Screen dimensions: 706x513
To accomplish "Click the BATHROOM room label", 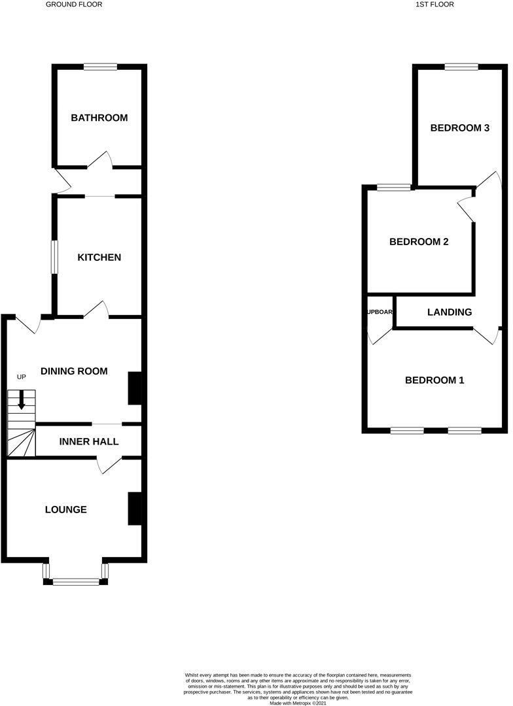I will [x=99, y=118].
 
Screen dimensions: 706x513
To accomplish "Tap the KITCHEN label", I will [x=99, y=258].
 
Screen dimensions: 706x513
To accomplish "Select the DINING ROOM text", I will [x=74, y=371].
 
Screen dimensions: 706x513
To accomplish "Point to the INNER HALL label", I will [x=89, y=442].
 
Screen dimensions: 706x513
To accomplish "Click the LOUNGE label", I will [x=66, y=509].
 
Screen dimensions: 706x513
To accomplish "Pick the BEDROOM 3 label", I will [x=460, y=128].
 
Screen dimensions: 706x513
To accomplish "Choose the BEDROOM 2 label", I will [x=419, y=242].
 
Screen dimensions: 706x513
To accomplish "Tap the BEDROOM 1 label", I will [x=434, y=380].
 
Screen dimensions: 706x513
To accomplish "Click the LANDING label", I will [x=450, y=312].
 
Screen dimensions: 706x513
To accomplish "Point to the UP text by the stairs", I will [x=22, y=377].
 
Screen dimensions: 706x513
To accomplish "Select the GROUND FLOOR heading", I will [x=74, y=5].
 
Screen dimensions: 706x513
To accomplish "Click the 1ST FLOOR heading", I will [x=434, y=5].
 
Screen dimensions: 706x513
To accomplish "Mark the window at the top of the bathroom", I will [x=100, y=66].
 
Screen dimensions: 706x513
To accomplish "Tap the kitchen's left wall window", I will [x=55, y=257].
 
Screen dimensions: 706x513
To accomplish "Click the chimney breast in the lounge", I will [x=135, y=508].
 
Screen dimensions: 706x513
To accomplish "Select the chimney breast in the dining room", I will [x=135, y=388].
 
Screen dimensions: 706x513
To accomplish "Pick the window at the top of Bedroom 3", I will [x=461, y=66].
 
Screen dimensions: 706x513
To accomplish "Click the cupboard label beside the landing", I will [x=380, y=312].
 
